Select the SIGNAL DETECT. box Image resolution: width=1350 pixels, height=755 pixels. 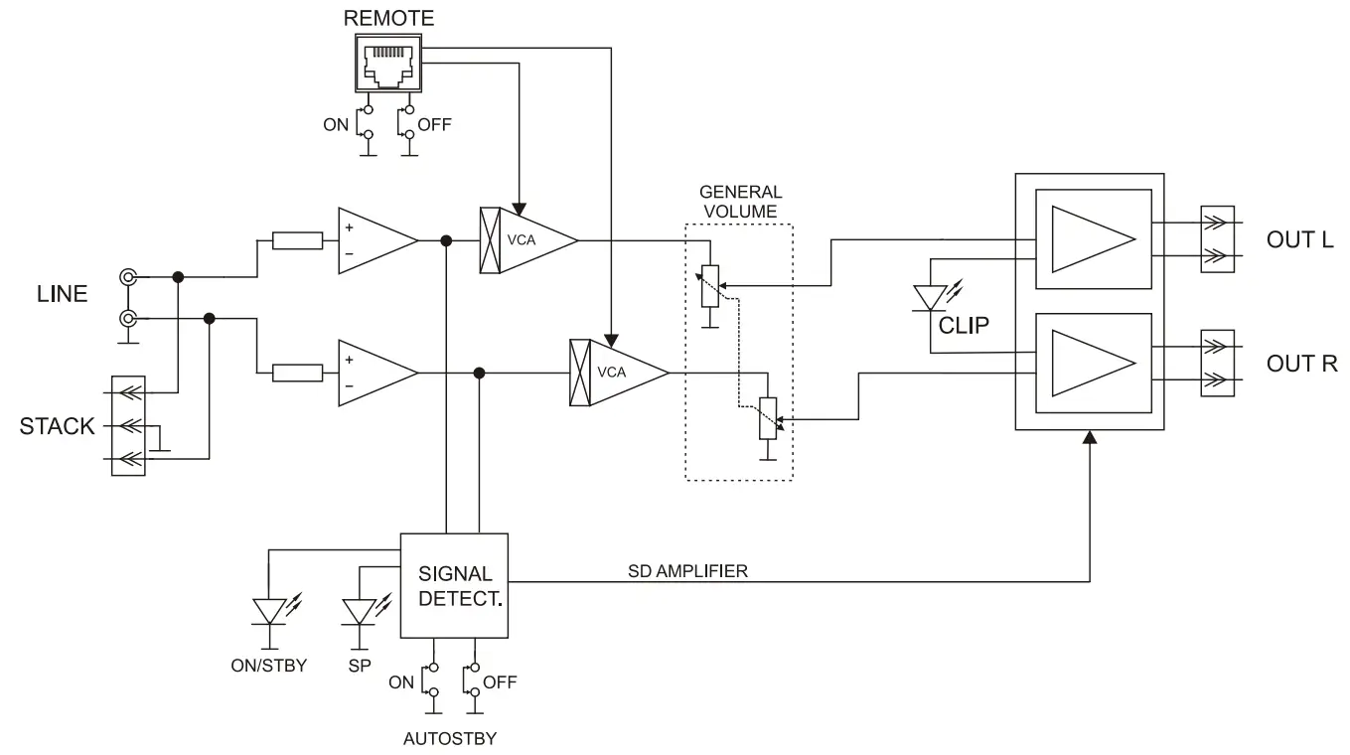(454, 586)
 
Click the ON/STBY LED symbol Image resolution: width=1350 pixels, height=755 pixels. (269, 610)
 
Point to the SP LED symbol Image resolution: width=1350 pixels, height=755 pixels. (358, 610)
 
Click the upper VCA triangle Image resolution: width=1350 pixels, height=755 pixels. (536, 239)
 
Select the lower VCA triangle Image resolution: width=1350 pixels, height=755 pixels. (626, 373)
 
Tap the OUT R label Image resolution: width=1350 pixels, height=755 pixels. (1301, 364)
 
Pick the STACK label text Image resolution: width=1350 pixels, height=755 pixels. (58, 427)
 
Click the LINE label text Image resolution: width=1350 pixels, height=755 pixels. (62, 294)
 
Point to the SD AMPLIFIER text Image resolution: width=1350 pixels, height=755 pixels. (687, 571)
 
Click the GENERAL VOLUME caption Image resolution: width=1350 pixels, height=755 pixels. (740, 202)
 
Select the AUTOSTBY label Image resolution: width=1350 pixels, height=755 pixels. (450, 739)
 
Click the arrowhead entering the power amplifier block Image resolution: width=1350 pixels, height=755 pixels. (1090, 439)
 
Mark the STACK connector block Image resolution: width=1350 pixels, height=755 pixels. (128, 425)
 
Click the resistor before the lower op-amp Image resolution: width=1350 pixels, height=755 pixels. (297, 373)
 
